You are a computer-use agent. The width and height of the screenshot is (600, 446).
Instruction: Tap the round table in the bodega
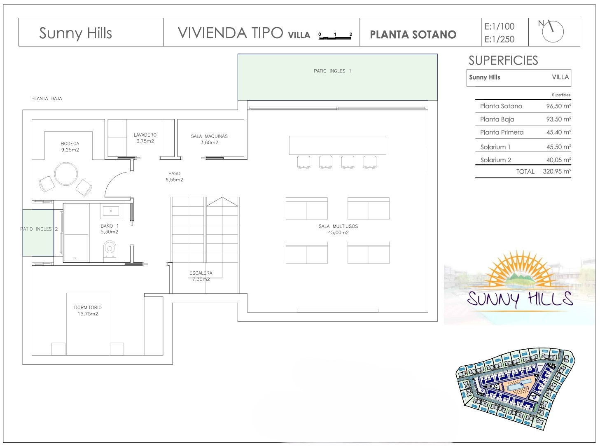[66, 173]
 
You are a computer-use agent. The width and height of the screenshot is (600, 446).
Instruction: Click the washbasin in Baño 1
[111, 211]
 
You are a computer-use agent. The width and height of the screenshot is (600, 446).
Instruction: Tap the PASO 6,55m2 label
[174, 176]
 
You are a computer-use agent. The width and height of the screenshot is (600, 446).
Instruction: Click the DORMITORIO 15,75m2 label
[88, 311]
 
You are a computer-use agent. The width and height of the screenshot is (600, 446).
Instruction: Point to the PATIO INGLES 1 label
[332, 71]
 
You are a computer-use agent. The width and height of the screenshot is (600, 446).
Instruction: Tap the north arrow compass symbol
[552, 31]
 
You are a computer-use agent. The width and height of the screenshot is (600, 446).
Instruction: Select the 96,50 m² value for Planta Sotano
[558, 106]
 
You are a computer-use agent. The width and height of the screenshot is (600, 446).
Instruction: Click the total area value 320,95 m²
[557, 171]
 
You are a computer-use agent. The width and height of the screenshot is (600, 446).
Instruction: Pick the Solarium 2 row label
[495, 160]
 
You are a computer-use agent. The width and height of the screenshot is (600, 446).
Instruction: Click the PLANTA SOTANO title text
[413, 35]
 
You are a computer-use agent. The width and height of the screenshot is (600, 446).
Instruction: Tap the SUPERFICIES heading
[503, 61]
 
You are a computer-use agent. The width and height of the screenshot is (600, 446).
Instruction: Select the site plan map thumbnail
[515, 389]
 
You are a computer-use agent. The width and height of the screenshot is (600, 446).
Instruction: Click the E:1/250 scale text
[500, 39]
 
